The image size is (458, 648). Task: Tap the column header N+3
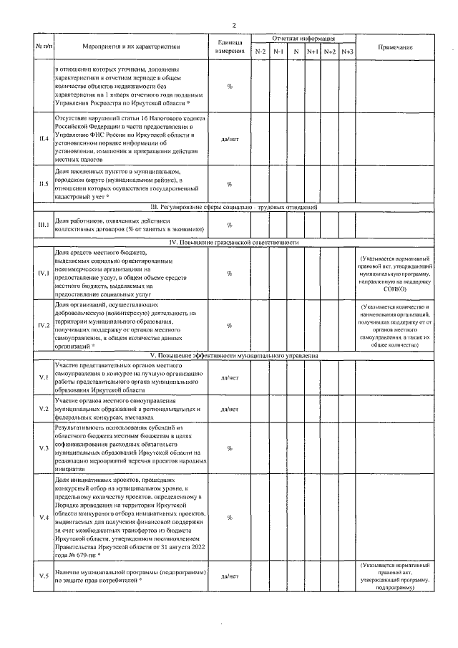pyautogui.click(x=347, y=52)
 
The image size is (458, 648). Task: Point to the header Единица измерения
pyautogui.click(x=230, y=47)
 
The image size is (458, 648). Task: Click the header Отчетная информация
pyautogui.click(x=303, y=37)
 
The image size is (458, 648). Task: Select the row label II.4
pyautogui.click(x=44, y=138)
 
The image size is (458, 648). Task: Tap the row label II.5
pyautogui.click(x=44, y=184)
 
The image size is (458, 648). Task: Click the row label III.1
pyautogui.click(x=44, y=225)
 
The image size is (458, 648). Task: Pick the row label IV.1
pyautogui.click(x=44, y=274)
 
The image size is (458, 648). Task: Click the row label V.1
pyautogui.click(x=44, y=377)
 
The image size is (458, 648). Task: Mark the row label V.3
pyautogui.click(x=44, y=448)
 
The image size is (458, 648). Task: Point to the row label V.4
pyautogui.click(x=44, y=517)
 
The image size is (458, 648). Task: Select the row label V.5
pyautogui.click(x=44, y=576)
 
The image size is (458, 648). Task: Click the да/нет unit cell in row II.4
pyautogui.click(x=230, y=138)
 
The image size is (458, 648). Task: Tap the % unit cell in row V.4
pyautogui.click(x=230, y=517)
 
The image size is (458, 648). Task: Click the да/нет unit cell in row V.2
pyautogui.click(x=230, y=409)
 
